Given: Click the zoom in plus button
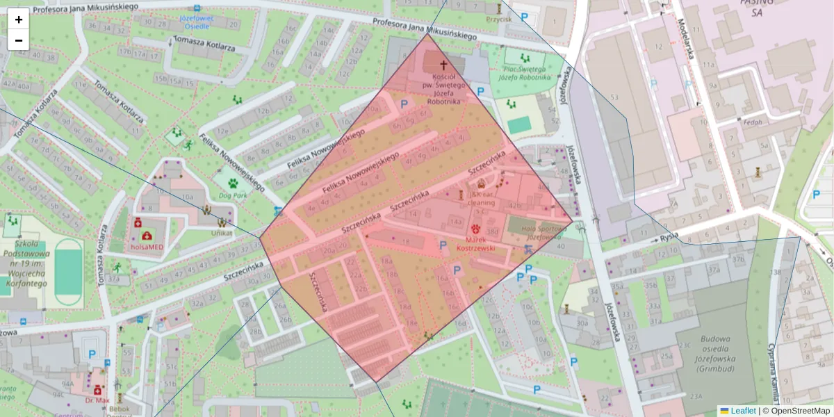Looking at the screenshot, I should coord(19,19).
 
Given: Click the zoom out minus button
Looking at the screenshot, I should coord(19,40).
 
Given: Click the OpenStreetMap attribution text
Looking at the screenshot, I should coord(800,411).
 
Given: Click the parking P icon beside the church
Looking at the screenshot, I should coord(480,91).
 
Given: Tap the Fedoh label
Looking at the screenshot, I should coord(753,122).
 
